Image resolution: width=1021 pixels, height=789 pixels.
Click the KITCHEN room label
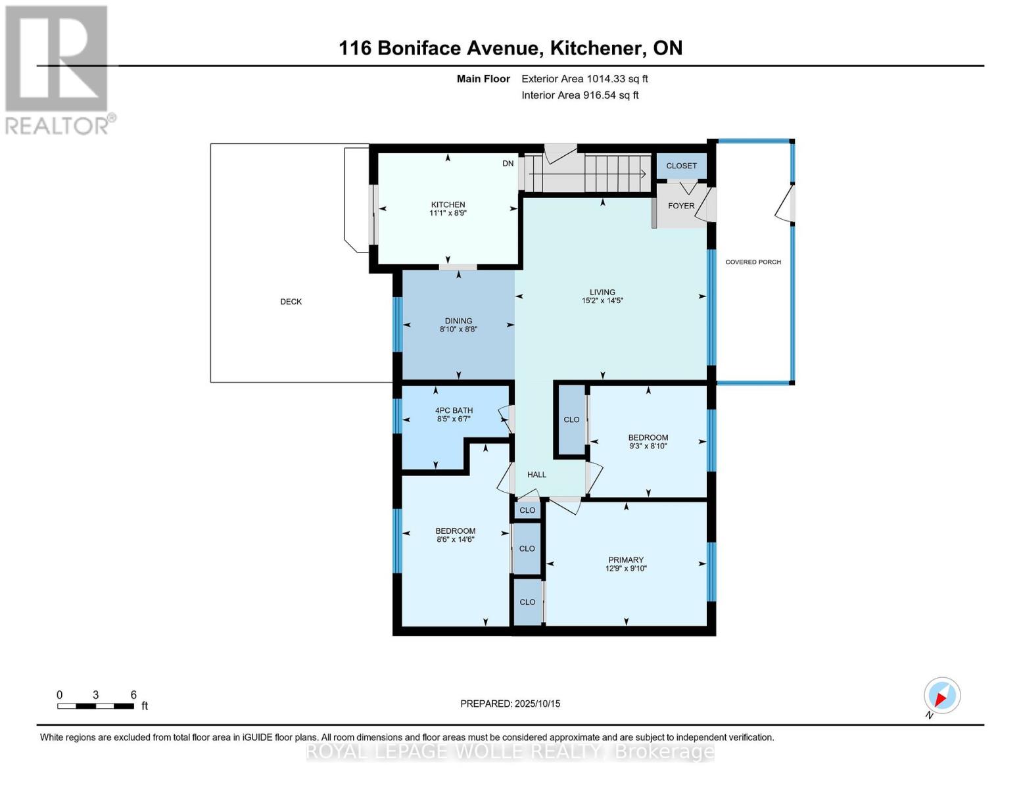(x=448, y=204)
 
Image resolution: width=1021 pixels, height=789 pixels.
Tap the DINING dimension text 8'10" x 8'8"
(x=458, y=329)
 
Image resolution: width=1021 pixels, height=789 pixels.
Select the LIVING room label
(x=602, y=292)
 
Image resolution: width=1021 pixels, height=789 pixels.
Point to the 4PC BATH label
(x=454, y=410)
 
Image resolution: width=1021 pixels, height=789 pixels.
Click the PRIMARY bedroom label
(x=625, y=560)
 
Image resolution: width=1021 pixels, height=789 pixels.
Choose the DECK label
(x=291, y=302)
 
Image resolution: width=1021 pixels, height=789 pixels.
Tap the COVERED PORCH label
(x=753, y=262)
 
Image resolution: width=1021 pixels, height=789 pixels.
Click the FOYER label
(x=681, y=206)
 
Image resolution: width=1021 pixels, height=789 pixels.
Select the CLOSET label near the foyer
(x=681, y=166)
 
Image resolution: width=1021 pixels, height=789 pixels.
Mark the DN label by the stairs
(x=508, y=163)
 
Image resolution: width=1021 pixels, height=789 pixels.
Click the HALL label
(x=536, y=475)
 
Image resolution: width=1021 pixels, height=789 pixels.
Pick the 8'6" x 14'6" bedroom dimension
(x=455, y=539)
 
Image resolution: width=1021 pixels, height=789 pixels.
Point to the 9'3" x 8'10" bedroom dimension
(x=648, y=446)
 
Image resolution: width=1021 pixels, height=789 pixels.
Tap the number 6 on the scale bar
(x=133, y=694)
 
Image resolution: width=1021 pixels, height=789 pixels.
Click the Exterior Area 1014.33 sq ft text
(x=584, y=79)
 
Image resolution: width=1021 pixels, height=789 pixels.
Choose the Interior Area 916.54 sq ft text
(x=580, y=95)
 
